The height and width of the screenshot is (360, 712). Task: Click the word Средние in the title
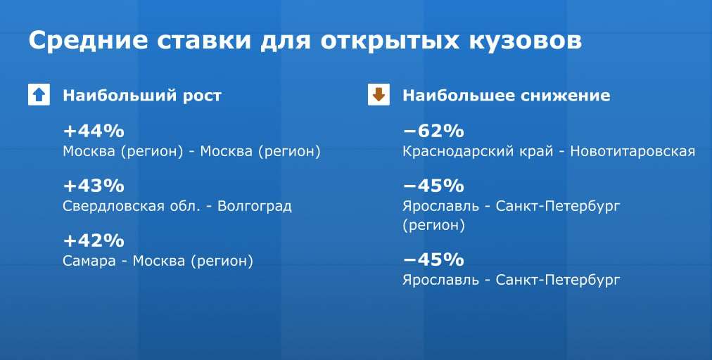click(88, 41)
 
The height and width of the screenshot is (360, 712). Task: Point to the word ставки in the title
click(204, 40)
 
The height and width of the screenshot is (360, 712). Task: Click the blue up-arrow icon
click(39, 95)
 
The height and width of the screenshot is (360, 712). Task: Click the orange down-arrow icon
click(379, 95)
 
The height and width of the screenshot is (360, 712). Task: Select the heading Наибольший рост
click(142, 96)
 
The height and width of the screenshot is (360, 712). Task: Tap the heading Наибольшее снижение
click(507, 96)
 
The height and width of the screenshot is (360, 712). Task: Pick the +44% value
click(94, 131)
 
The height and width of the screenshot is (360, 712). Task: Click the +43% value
click(94, 186)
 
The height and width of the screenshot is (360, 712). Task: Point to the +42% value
click(94, 240)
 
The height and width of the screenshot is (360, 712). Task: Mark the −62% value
click(433, 131)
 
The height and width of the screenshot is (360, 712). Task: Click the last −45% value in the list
click(433, 259)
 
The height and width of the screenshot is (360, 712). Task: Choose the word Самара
click(89, 261)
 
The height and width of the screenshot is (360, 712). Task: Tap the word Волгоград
click(255, 207)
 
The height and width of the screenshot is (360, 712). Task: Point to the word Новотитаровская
click(632, 152)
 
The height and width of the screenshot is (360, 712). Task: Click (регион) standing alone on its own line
click(433, 226)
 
